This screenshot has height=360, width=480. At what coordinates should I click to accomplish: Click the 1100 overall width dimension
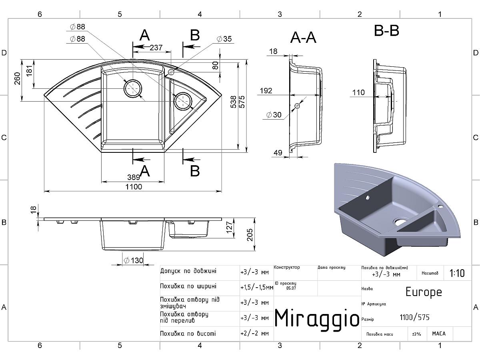(134, 187)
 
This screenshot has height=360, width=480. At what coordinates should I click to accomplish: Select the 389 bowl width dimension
(133, 177)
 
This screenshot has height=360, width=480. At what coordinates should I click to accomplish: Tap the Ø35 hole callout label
(224, 39)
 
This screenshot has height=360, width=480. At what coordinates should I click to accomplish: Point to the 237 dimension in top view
(156, 48)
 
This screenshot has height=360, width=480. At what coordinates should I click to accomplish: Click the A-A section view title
(303, 38)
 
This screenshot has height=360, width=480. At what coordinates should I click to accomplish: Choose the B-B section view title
(386, 31)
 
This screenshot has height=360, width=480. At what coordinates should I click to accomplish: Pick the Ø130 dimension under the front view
(133, 260)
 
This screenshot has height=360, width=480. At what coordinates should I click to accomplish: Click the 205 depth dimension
(250, 235)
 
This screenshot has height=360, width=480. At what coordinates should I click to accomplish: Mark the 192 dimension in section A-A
(266, 91)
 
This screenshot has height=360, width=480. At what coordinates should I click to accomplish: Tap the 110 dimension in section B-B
(358, 92)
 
